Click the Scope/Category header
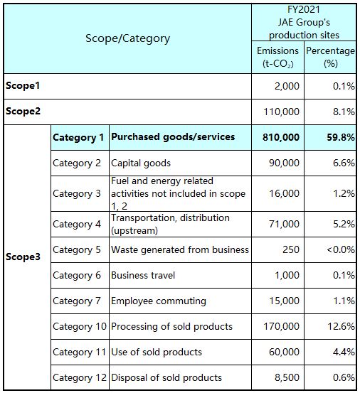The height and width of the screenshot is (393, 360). [127, 38]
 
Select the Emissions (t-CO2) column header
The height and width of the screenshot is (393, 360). [277, 57]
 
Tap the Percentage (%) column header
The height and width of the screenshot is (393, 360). [330, 57]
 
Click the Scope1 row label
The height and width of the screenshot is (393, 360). [23, 86]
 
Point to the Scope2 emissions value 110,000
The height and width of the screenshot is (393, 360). [281, 112]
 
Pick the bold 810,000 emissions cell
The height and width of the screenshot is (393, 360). [281, 137]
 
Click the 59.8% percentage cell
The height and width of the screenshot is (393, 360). [341, 137]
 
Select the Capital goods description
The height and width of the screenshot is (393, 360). [141, 163]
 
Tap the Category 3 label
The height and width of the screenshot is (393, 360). [77, 193]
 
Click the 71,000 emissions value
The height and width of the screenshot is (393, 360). [285, 224]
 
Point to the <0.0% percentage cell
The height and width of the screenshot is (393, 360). [341, 249]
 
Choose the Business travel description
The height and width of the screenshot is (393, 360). [143, 275]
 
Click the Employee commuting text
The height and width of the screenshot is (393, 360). [159, 301]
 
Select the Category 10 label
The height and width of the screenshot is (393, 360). [80, 327]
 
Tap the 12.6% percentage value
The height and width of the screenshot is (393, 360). [342, 326]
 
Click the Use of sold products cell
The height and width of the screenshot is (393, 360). [157, 352]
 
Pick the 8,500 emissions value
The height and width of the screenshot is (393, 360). [287, 377]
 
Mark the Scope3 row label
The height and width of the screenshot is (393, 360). [23, 257]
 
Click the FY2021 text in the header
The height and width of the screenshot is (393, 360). [304, 10]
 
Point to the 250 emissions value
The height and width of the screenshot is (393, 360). [291, 249]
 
